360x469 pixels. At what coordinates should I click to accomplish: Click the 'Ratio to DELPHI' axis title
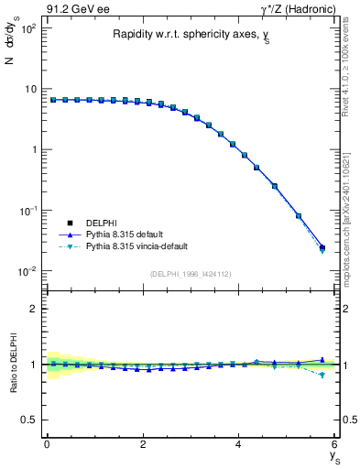click(12, 364)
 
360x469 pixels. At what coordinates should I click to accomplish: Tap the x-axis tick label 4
click(239, 444)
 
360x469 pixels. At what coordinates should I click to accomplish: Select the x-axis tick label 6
click(335, 444)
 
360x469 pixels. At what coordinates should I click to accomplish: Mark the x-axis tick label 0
click(47, 444)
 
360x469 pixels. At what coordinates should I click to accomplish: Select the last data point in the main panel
click(322, 247)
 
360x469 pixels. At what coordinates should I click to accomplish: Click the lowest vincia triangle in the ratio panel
click(322, 376)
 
